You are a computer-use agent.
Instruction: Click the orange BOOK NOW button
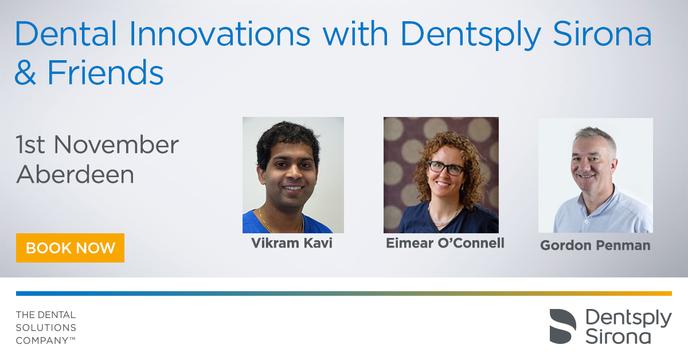point(70,248)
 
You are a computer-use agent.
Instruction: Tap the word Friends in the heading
point(105,72)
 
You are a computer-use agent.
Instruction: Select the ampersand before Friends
point(25,72)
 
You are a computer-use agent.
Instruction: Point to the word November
point(116,144)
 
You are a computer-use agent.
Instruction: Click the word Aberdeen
point(75,174)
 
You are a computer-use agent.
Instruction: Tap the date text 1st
point(30,144)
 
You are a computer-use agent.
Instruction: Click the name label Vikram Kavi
point(292,243)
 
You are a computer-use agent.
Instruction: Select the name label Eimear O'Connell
point(445,243)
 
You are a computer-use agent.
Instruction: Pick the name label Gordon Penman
point(595,245)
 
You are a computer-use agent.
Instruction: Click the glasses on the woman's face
point(446,169)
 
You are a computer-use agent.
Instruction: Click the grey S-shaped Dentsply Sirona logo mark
point(562,326)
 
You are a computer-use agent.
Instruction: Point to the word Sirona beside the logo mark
point(618,336)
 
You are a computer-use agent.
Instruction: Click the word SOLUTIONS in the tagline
point(46,328)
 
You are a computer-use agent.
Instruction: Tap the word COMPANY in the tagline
point(42,341)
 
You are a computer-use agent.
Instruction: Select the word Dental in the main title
point(66,34)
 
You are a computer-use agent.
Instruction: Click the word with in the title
point(355,34)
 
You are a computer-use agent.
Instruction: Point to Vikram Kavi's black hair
point(287,138)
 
